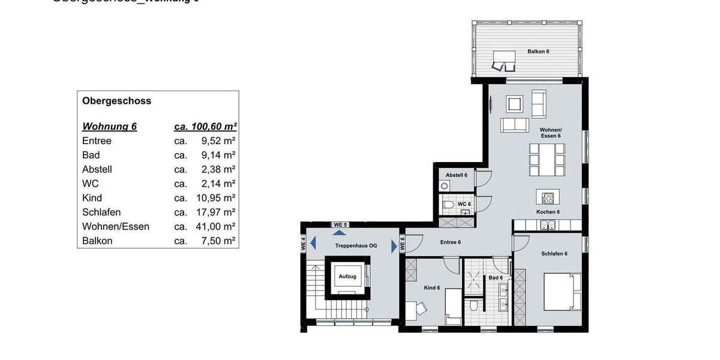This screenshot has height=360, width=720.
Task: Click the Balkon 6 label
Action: click(x=538, y=52)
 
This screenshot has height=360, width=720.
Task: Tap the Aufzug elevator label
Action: click(x=347, y=277)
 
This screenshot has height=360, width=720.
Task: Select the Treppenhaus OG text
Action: click(x=356, y=246)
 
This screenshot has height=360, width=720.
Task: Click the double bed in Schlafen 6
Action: click(x=562, y=292)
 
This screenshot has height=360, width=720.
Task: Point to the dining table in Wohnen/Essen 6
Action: click(x=547, y=159)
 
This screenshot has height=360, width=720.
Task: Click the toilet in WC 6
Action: click(x=448, y=205)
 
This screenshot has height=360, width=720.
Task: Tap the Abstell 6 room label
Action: click(x=456, y=175)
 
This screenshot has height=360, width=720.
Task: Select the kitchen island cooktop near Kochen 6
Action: click(x=547, y=197)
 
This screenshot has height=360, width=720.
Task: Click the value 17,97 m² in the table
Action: click(x=218, y=212)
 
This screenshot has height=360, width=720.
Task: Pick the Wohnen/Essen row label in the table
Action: click(x=116, y=227)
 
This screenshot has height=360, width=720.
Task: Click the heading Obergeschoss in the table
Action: click(x=116, y=101)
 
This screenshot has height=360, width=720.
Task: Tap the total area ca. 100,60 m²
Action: click(x=205, y=127)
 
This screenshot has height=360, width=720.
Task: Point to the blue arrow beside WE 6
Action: click(x=394, y=245)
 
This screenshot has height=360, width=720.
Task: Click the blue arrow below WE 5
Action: click(x=340, y=232)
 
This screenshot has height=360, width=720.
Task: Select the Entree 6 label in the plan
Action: click(x=450, y=242)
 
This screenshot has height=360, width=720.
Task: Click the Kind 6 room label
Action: click(x=432, y=288)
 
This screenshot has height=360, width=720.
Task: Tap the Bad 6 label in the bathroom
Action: click(x=495, y=278)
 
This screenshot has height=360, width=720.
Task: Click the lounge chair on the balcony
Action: click(x=504, y=61)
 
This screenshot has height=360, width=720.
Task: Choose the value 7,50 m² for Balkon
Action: click(x=218, y=241)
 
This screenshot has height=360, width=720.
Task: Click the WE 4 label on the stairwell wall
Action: click(x=304, y=244)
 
